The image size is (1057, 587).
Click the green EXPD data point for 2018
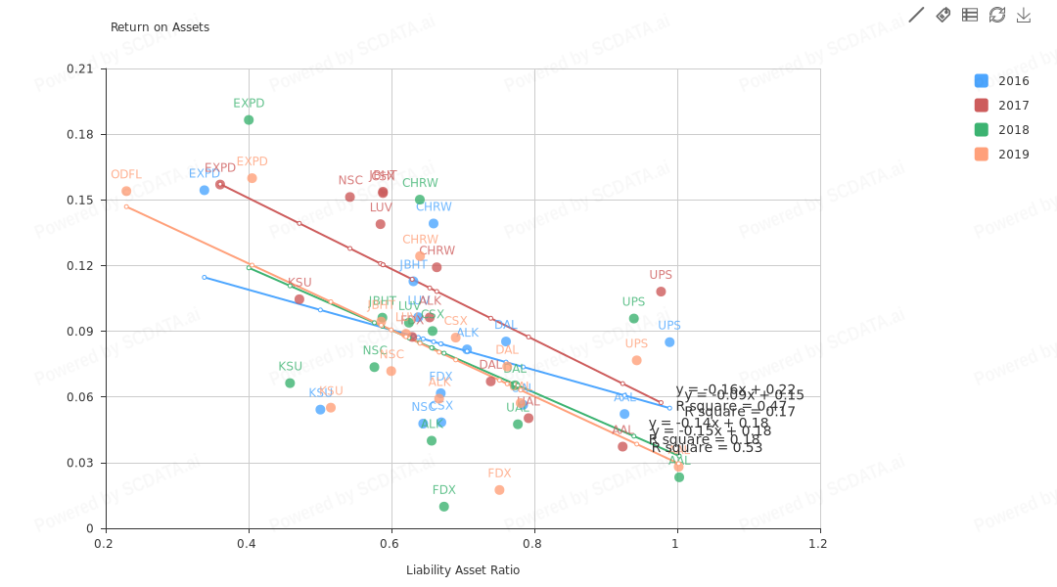tap(249, 120)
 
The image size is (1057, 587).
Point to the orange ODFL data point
tap(126, 192)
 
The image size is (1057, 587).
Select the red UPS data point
tap(661, 292)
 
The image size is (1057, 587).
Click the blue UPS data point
tap(669, 342)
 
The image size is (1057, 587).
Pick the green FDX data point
tap(444, 507)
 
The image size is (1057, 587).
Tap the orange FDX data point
tap(499, 490)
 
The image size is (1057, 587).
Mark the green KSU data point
tap(290, 384)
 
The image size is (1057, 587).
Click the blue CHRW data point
tap(434, 224)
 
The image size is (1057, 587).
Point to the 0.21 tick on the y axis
tap(85, 68)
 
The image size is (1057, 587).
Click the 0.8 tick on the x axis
tap(533, 543)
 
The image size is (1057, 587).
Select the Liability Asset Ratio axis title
tap(463, 570)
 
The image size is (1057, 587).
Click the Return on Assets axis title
tap(160, 27)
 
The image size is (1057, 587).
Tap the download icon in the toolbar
tap(1024, 15)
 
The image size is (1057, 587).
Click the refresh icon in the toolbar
tap(997, 15)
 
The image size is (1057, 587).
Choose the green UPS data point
tap(634, 319)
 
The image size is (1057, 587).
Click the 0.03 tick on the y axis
tap(85, 463)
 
